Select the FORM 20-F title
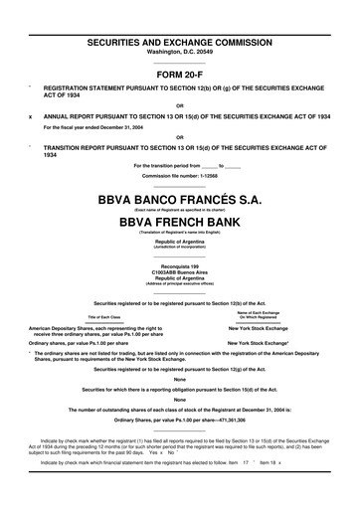pyautogui.click(x=180, y=75)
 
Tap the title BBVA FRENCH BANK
pyautogui.click(x=180, y=223)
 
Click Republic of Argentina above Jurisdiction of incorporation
pyautogui.click(x=180, y=242)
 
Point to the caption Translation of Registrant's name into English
pyautogui.click(x=180, y=233)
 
